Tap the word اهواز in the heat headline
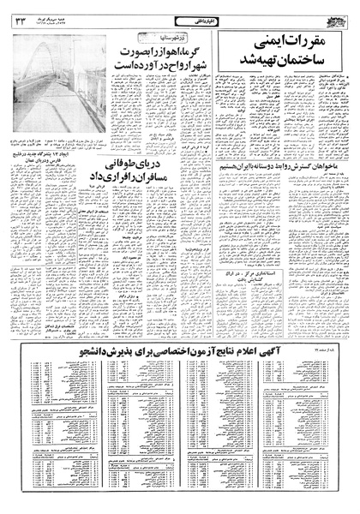click(153, 45)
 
